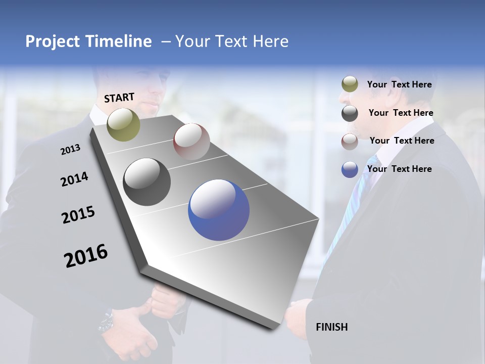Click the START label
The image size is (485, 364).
(x=119, y=98)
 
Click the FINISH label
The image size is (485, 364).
(x=331, y=327)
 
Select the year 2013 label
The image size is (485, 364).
(x=70, y=149)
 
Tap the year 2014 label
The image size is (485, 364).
(x=74, y=179)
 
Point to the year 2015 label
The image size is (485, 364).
(x=78, y=214)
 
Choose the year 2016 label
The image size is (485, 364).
(x=85, y=255)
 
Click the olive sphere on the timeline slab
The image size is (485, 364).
(x=123, y=124)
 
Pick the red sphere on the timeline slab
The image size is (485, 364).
(x=191, y=141)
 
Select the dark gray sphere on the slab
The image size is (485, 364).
(x=147, y=182)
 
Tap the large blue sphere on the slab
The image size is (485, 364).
(x=218, y=210)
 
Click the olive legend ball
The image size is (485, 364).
(x=350, y=84)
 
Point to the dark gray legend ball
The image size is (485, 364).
(x=350, y=113)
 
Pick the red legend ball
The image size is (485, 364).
(x=350, y=141)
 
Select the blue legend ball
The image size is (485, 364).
(x=350, y=169)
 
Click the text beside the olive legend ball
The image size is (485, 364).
(x=399, y=84)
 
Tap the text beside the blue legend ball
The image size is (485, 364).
(x=399, y=169)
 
